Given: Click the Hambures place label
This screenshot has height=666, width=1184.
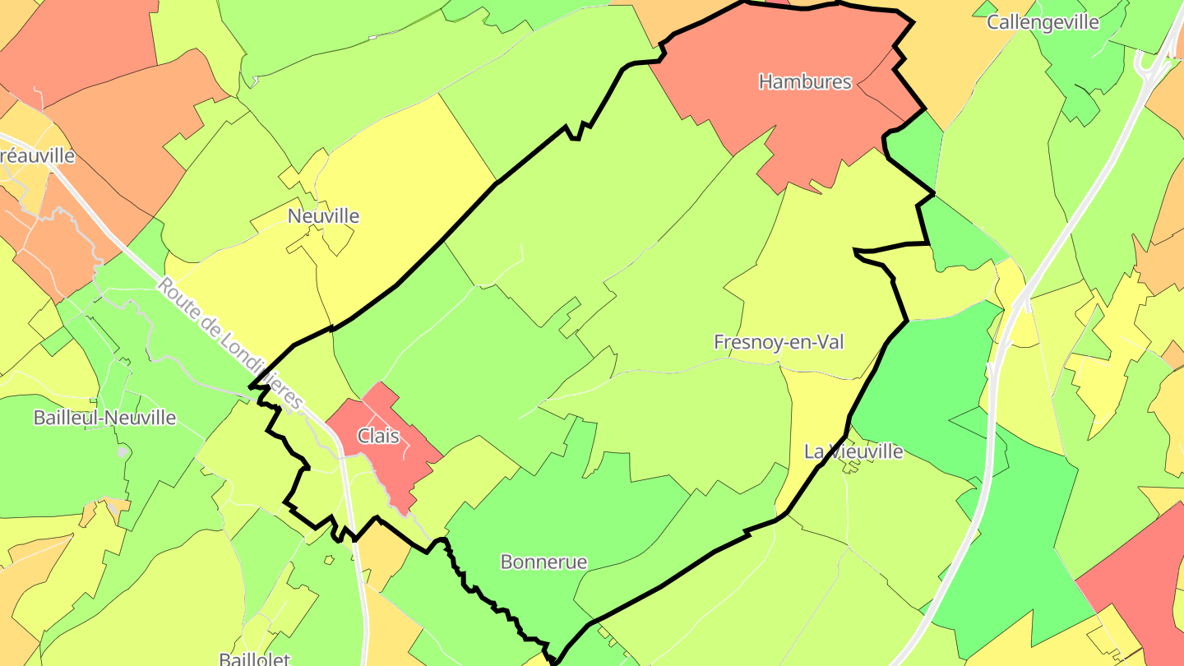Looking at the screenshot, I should pos(805,81).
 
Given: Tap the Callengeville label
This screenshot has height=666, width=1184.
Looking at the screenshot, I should pos(1043,22).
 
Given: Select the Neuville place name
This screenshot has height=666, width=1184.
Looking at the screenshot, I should pos(323,216).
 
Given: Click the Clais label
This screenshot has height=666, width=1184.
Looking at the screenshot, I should pos(378,436).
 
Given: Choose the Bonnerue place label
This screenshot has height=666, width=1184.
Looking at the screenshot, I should pos(543,562).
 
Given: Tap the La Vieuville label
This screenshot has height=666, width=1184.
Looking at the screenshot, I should pos(853,451).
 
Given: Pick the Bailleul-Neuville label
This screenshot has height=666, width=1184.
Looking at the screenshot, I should pos(104,418).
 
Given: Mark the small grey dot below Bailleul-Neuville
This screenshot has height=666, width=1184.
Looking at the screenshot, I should pos(123,451).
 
